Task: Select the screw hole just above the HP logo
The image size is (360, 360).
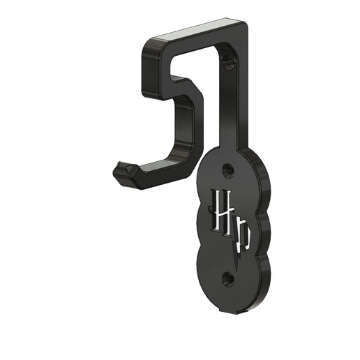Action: (x=226, y=170)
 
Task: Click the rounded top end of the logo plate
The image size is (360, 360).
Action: (x=224, y=152)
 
